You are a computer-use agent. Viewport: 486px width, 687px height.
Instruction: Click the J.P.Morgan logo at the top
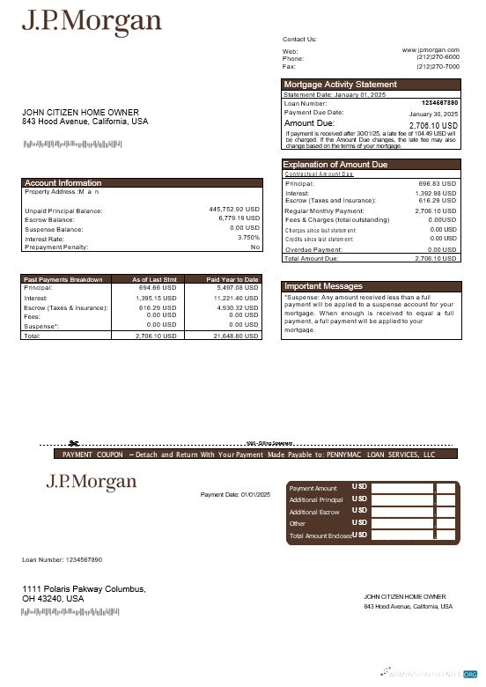click(92, 21)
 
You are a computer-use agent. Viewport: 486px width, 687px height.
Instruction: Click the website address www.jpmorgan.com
click(431, 50)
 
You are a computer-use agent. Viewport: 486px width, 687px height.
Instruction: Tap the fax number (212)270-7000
click(438, 66)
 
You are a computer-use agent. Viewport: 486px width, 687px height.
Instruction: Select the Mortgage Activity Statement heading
click(340, 85)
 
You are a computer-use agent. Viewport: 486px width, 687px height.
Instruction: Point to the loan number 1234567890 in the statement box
click(439, 103)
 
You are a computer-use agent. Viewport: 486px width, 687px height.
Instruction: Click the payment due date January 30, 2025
click(433, 114)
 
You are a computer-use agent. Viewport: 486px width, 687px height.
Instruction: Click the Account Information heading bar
click(63, 183)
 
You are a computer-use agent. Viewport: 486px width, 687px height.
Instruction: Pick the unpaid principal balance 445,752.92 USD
click(234, 210)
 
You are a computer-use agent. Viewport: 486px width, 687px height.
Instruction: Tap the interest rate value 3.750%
click(249, 238)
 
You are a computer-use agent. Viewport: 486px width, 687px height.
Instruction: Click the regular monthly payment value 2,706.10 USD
click(435, 211)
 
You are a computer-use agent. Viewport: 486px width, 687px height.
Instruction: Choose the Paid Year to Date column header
click(232, 279)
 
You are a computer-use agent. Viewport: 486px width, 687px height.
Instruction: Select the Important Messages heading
click(323, 286)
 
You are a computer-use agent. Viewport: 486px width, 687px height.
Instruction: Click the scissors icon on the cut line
click(74, 443)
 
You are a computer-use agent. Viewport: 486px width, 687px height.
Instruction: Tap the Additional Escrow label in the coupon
click(314, 512)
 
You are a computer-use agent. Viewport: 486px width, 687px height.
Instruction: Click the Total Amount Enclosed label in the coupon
click(320, 536)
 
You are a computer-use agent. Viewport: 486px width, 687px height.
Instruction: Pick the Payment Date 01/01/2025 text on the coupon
click(235, 495)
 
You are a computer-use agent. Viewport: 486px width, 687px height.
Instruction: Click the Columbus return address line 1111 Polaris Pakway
click(84, 588)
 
